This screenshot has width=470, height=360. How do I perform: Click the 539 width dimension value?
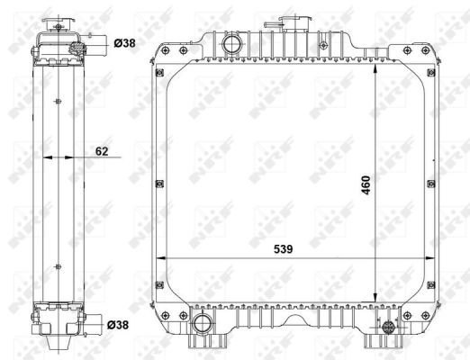283,249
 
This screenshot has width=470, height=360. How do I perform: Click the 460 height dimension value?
366,185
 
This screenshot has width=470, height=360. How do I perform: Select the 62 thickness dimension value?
102,151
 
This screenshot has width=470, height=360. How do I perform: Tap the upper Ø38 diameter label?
124,43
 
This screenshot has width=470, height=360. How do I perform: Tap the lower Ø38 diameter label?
118,324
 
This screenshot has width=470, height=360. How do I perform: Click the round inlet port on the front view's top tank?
230,44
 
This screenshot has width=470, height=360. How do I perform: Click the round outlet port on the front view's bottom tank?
201,323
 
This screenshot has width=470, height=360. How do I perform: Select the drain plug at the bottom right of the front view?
388,327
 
